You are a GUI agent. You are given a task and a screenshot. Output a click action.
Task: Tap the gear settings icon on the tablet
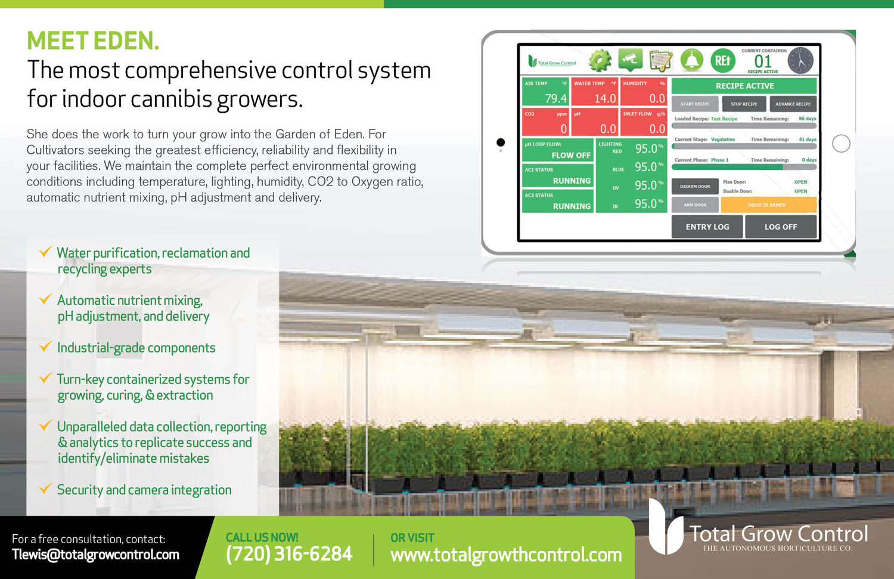600,60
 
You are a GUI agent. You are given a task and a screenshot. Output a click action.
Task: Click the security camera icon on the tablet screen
631,60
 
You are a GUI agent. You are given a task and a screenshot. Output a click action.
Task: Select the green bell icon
691,60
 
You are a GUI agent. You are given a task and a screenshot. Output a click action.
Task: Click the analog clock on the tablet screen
800,61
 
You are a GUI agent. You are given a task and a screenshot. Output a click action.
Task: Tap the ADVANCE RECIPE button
793,104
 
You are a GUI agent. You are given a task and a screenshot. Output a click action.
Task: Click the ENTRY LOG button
707,227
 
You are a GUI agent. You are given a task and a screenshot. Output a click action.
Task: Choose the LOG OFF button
780,227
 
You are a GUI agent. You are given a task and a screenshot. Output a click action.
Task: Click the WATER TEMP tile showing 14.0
595,92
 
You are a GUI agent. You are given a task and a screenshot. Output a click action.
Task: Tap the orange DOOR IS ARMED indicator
768,205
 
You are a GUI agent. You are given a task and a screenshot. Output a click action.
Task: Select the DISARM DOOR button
695,187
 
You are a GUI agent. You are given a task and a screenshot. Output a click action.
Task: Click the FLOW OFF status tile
558,150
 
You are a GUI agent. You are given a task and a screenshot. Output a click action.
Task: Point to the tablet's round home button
841,143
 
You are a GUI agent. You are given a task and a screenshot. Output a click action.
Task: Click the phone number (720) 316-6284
289,554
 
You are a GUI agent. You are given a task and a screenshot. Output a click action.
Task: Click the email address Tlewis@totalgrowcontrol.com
95,555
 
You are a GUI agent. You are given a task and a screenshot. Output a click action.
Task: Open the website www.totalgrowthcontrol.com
506,555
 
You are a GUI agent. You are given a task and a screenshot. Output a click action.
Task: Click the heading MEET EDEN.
93,41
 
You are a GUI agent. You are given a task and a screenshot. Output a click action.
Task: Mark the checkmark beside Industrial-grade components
45,346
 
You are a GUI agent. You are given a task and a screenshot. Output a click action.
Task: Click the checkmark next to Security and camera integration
45,488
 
